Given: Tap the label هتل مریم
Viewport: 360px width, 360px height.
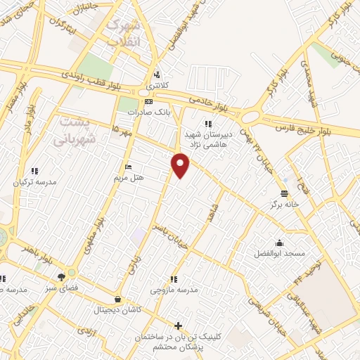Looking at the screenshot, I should tap(129, 177).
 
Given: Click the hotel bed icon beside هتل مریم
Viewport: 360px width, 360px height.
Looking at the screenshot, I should tap(127, 167).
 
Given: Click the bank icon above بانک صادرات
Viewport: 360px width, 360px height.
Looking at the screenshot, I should tap(148, 102).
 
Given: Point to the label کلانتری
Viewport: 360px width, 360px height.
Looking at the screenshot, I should tap(158, 85).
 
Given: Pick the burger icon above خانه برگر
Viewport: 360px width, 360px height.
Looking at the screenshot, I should tap(283, 193).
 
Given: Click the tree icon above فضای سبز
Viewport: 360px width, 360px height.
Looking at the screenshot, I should tap(61, 276).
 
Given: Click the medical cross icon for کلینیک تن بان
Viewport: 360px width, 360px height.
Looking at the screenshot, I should tap(179, 326).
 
